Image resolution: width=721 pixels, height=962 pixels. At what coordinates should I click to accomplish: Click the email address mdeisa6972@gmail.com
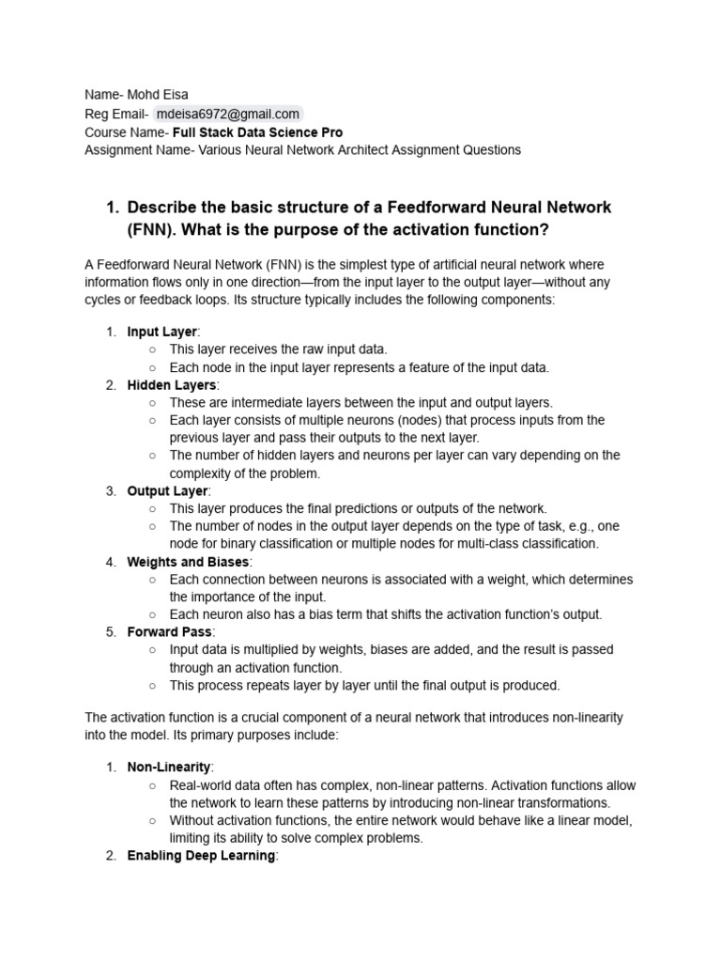227,114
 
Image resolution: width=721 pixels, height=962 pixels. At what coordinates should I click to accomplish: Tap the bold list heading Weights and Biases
189,562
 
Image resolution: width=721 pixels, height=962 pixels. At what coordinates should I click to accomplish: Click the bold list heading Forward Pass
171,632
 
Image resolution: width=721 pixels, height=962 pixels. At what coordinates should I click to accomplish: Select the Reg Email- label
116,114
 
